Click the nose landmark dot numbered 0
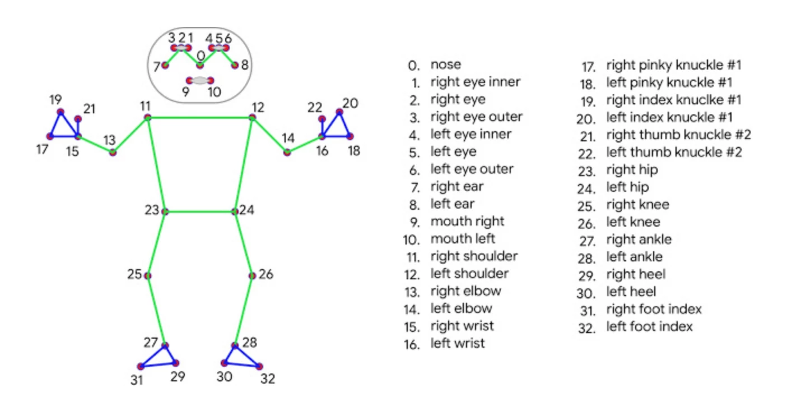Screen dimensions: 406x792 (199, 66)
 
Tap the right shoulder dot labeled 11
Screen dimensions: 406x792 (147, 117)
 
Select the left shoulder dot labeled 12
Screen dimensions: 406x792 (253, 117)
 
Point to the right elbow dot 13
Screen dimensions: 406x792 (113, 153)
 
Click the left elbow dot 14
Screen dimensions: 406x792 (287, 152)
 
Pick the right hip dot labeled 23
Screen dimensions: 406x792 (165, 211)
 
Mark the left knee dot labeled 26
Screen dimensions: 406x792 (252, 275)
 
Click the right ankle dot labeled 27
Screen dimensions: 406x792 (165, 345)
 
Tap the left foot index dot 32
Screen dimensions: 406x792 (259, 366)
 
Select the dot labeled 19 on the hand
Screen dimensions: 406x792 (60, 112)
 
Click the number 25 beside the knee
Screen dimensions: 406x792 (134, 275)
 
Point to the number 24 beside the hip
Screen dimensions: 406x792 (246, 211)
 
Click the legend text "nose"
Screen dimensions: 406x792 (446, 64)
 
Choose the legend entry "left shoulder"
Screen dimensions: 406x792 (469, 274)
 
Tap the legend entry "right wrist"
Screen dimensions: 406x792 (462, 326)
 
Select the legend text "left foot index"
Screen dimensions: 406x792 (649, 326)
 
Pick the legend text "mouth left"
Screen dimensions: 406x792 (463, 239)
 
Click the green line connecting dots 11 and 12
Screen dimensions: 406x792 (200, 118)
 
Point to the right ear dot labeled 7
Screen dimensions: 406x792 (165, 66)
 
